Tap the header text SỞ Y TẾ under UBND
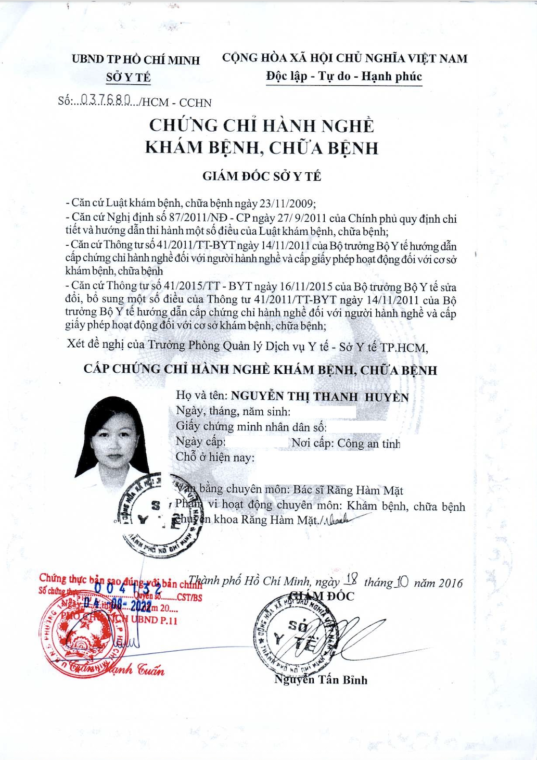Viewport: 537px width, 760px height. (x=128, y=78)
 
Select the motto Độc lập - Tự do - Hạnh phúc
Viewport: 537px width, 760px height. (x=343, y=77)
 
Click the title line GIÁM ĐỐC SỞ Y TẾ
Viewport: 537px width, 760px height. (x=262, y=176)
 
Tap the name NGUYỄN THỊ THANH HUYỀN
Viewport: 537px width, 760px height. (x=319, y=397)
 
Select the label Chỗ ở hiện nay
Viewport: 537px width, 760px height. (x=215, y=458)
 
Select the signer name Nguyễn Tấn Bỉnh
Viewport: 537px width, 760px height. (x=321, y=680)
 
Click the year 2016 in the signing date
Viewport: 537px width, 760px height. (x=450, y=583)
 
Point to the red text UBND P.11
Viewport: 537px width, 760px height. (x=154, y=620)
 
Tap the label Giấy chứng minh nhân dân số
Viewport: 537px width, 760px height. (x=251, y=427)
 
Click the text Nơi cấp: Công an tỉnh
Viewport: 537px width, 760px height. (x=346, y=444)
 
